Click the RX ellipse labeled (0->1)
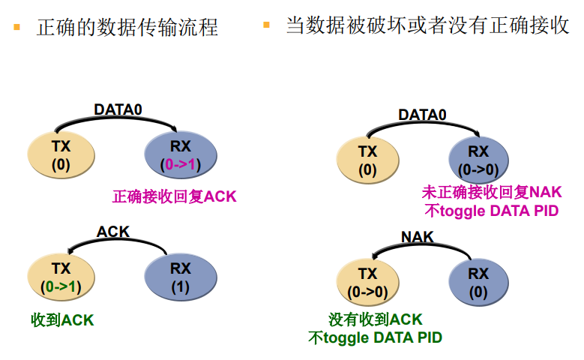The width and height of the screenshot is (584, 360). tap(181, 154)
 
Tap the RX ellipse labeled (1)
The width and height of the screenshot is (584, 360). tap(181, 277)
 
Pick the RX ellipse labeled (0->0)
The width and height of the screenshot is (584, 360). tap(478, 160)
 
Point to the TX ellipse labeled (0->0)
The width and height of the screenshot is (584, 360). tap(367, 283)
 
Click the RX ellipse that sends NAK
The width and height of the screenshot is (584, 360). tap(478, 283)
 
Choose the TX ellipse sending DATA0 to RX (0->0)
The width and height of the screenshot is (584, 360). tap(367, 160)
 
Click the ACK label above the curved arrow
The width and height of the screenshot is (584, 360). tap(113, 232)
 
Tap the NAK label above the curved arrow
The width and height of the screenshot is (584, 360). tap(418, 237)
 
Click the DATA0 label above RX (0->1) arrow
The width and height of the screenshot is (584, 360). tap(118, 109)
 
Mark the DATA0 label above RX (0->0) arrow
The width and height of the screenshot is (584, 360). tap(422, 115)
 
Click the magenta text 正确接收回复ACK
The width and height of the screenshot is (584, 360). tap(174, 197)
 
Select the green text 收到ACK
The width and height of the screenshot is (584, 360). tap(62, 320)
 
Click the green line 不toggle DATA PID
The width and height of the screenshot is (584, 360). tap(376, 337)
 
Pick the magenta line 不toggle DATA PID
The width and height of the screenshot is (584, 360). tap(492, 211)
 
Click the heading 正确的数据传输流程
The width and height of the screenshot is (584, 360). tap(127, 28)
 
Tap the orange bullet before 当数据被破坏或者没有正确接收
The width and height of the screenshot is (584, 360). tap(266, 25)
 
